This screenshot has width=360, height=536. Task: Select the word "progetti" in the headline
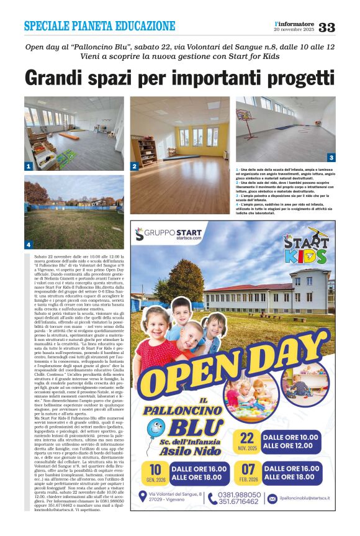300,78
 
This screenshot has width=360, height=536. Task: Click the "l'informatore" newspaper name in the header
294,23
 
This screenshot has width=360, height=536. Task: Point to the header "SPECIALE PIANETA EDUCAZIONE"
99,26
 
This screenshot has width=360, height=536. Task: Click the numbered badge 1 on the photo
29,166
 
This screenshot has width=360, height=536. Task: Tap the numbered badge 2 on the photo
134,166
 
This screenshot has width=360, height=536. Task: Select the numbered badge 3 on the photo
331,158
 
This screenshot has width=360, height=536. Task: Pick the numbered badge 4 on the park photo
29,244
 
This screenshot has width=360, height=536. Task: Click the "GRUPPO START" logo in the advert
169,234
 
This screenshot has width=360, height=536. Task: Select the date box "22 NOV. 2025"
247,441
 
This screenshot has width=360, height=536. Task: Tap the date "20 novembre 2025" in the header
294,29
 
